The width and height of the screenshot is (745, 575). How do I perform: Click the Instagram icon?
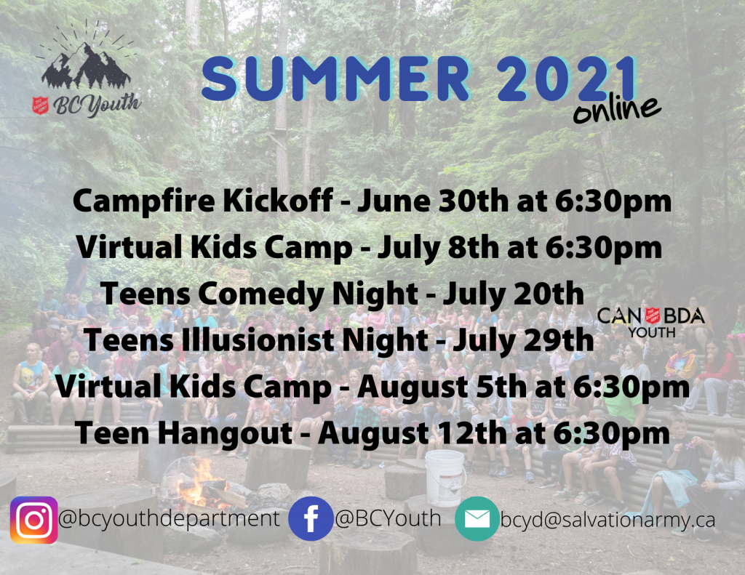click(33, 520)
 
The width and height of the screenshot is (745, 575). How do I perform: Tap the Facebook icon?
click(311, 518)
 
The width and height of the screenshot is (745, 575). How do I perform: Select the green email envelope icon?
click(477, 518)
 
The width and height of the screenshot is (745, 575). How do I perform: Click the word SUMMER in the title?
click(335, 79)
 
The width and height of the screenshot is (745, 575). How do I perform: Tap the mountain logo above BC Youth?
click(87, 57)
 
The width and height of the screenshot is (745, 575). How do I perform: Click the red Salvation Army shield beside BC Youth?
click(41, 105)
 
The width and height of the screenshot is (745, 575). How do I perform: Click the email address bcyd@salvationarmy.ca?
click(607, 520)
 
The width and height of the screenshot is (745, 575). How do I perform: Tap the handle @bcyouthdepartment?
click(169, 518)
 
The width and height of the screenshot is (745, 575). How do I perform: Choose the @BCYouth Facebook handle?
click(388, 518)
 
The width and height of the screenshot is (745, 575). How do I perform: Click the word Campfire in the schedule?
click(144, 201)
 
